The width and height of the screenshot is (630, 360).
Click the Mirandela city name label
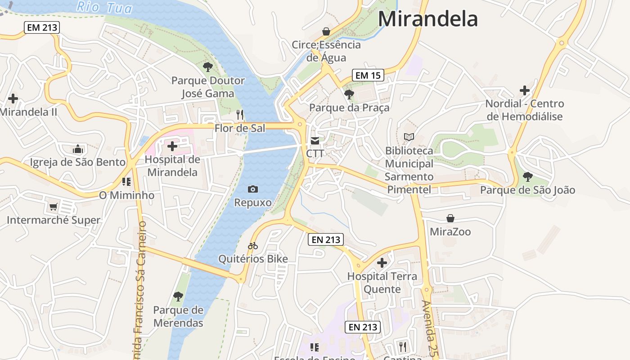point(427,19)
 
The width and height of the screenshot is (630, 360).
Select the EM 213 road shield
point(42,27)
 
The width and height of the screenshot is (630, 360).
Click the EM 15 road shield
point(368,75)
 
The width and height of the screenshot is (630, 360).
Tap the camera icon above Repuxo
point(253,189)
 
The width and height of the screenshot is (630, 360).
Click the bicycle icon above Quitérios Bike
point(253,246)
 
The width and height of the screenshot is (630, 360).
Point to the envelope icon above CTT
point(315,141)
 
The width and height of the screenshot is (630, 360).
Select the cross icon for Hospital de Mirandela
point(172,146)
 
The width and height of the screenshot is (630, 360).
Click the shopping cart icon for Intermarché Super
point(54,207)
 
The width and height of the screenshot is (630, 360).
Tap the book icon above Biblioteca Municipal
point(409,137)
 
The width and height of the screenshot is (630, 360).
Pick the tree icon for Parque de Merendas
point(178,296)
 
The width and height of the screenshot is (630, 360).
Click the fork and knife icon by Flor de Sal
point(240,115)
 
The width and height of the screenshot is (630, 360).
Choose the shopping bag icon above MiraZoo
point(450,218)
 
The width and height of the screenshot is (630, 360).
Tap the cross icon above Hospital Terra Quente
point(382,263)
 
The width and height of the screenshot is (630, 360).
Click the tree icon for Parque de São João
point(527,176)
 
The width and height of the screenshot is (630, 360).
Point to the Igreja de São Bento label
point(77,162)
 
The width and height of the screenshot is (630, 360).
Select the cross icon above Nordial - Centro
point(524,90)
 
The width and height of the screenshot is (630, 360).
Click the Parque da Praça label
point(349,108)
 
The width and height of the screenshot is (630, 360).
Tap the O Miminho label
point(126,195)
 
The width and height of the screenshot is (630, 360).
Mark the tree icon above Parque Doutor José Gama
point(207,67)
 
